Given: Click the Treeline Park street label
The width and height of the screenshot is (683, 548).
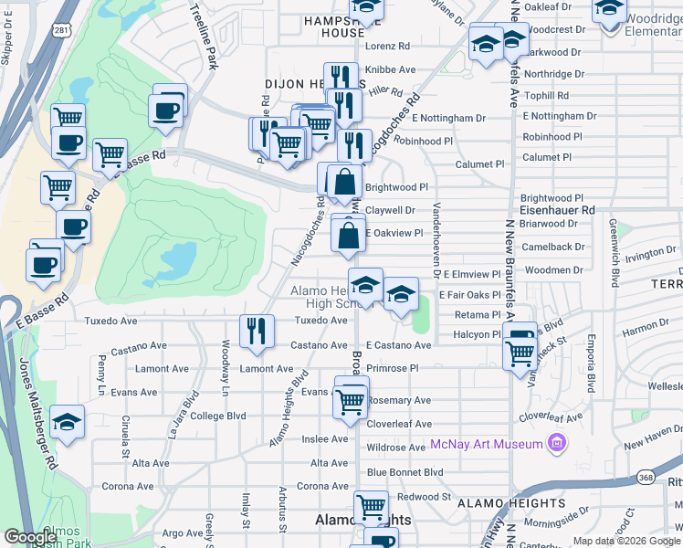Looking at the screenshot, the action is pyautogui.click(x=205, y=37).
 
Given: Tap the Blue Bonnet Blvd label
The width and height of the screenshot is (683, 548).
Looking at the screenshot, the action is pyautogui.click(x=405, y=472).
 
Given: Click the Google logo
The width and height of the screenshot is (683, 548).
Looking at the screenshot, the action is pyautogui.click(x=31, y=536).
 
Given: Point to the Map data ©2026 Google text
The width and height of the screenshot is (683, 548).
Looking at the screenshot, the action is pyautogui.click(x=625, y=542).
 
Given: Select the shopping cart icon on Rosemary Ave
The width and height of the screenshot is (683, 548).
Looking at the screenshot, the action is pyautogui.click(x=351, y=401).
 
